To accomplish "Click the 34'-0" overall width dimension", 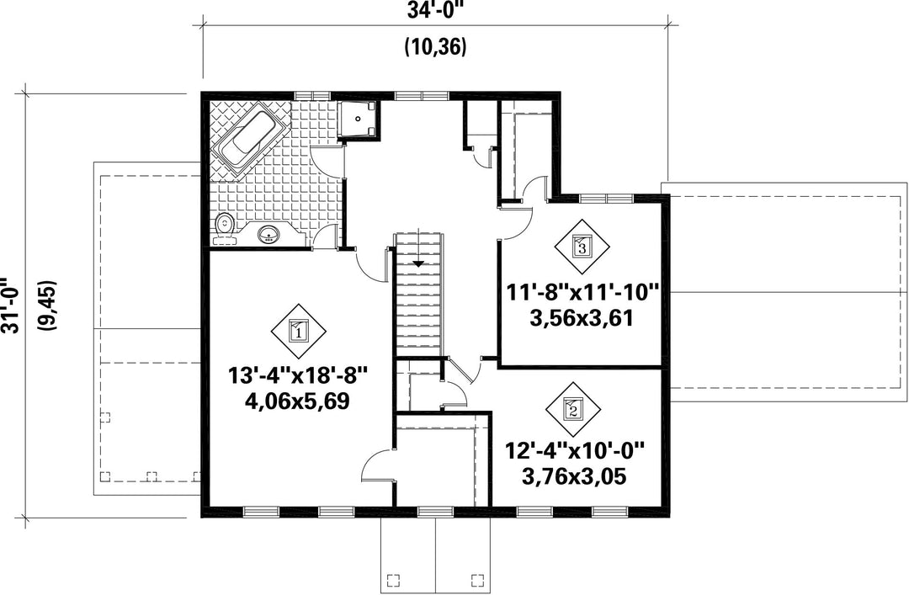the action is click(x=435, y=10).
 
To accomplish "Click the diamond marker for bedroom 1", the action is click(x=299, y=332).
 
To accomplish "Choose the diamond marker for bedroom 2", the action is click(x=573, y=409).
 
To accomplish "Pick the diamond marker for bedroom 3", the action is click(x=582, y=247).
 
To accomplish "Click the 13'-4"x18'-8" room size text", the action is click(x=299, y=376).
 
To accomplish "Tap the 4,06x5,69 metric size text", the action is click(x=299, y=401).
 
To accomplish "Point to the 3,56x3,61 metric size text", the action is click(x=581, y=318).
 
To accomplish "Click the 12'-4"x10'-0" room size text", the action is click(x=575, y=450).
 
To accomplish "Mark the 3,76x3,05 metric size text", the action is click(x=574, y=476).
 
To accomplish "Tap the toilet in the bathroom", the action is click(x=224, y=228).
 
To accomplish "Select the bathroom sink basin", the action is click(x=269, y=234).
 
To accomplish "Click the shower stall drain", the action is click(x=359, y=119).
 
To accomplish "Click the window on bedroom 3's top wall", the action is click(x=606, y=199).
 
